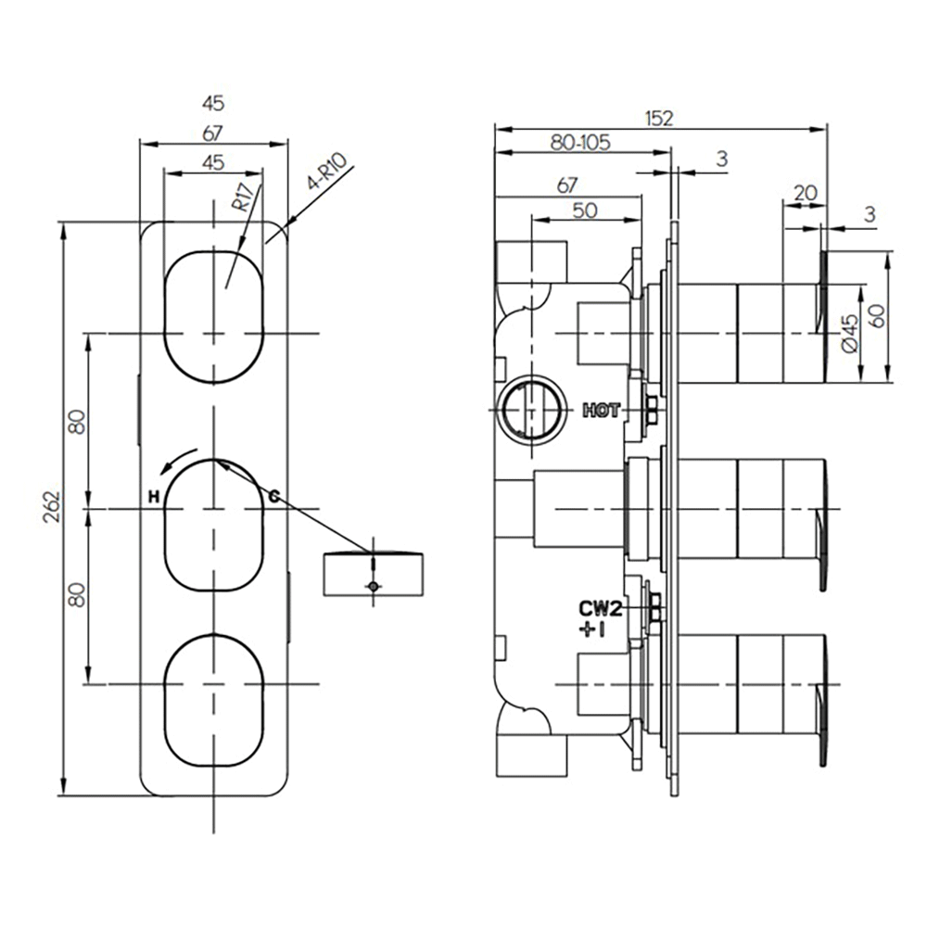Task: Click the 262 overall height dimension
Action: point(52,507)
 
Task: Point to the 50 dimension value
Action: point(584,210)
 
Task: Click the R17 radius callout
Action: point(242,197)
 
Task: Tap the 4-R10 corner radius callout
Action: point(330,173)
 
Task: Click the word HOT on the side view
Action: point(601,410)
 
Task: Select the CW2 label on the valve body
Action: point(600,609)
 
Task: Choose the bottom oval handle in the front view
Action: point(214,700)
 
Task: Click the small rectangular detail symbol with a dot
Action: point(373,575)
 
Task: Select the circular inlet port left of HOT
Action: point(530,409)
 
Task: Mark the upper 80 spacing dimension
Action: point(77,422)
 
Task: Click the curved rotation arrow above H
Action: point(182,460)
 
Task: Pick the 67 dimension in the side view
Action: point(567,185)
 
